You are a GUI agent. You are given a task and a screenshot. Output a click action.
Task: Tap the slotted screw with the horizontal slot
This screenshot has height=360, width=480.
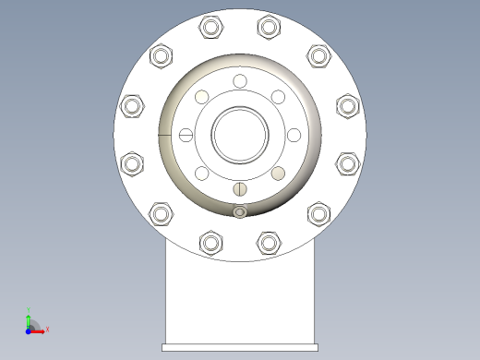[186, 136]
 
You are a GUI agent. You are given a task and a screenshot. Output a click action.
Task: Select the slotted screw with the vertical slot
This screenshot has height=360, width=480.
[240, 189]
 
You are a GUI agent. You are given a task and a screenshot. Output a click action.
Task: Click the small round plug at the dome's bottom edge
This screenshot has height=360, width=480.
[240, 213]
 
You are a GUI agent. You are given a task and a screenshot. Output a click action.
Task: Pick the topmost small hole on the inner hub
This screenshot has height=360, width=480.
[240, 82]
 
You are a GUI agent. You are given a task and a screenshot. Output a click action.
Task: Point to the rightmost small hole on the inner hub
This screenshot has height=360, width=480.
[294, 136]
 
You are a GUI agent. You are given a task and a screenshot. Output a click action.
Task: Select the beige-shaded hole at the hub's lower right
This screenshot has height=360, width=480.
[278, 174]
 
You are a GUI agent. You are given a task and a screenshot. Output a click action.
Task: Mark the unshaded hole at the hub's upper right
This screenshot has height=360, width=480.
[277, 97]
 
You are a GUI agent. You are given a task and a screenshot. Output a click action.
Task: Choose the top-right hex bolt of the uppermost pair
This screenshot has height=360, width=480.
[269, 28]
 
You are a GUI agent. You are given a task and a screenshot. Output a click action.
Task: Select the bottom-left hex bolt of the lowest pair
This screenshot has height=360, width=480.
[211, 244]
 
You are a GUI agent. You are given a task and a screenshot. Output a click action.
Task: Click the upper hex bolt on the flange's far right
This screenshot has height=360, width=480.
[347, 106]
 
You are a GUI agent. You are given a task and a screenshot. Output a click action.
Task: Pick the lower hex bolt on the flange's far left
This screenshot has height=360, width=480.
[133, 164]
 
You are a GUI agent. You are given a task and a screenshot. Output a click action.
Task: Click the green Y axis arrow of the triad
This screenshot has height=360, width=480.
[29, 314]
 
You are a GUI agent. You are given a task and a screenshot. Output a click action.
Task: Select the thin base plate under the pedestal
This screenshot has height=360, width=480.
[240, 347]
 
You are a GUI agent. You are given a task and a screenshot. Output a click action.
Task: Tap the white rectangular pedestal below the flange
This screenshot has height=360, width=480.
[240, 295]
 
